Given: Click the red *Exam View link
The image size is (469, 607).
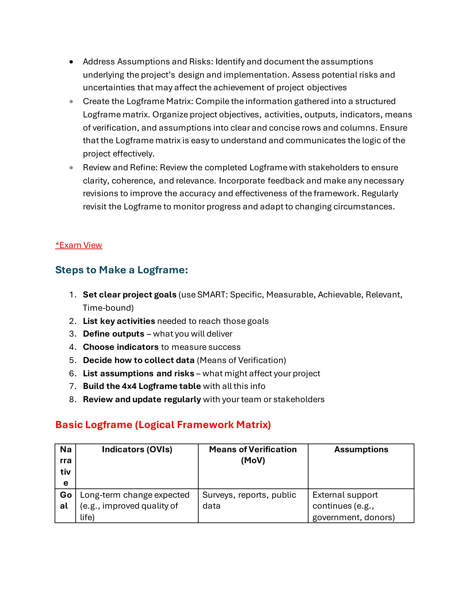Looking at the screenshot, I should [79, 245].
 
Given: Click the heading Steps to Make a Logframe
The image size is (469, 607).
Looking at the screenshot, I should [121, 270].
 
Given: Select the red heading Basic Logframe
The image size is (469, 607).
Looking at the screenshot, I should [163, 425].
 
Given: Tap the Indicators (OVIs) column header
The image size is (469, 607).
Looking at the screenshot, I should [137, 449].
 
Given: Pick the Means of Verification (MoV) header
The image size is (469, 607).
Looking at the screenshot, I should [253, 455].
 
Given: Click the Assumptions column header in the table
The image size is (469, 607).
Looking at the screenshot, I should [361, 449].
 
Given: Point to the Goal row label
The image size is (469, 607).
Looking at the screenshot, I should [65, 500].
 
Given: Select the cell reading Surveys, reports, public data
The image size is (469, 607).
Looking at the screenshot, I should [249, 500].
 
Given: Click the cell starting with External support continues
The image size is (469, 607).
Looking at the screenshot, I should [353, 506].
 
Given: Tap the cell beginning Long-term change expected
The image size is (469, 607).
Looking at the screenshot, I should [135, 506].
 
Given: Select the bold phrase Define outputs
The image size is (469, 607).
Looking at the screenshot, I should [113, 334].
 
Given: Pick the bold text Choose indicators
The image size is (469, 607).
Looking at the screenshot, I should [121, 347].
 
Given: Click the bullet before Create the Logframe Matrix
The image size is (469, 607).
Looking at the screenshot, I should [71, 101].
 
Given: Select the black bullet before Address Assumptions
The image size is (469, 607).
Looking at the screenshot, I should [71, 62].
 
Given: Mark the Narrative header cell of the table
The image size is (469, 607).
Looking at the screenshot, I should [65, 466].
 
